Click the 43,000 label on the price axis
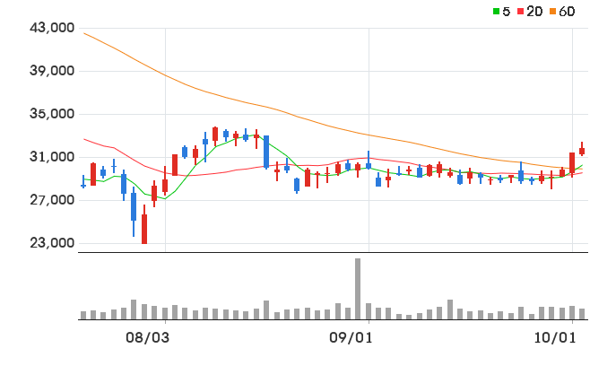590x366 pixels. click(x=52, y=28)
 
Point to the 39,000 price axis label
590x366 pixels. click(x=52, y=70)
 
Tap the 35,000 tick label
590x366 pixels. click(x=52, y=113)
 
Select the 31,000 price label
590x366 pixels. click(x=52, y=157)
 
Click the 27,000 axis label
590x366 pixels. click(x=52, y=199)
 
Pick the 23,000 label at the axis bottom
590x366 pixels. click(x=52, y=243)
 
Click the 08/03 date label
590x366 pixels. click(x=147, y=338)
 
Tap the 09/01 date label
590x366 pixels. click(x=351, y=338)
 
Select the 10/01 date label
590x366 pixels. click(x=555, y=338)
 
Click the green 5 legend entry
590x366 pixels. click(x=501, y=12)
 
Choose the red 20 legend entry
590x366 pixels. click(x=530, y=12)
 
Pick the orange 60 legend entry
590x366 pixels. click(x=562, y=12)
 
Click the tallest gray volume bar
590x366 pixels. click(x=358, y=289)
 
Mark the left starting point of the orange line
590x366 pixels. click(x=84, y=33)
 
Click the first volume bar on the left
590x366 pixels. click(x=83, y=316)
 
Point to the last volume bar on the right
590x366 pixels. click(x=582, y=314)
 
